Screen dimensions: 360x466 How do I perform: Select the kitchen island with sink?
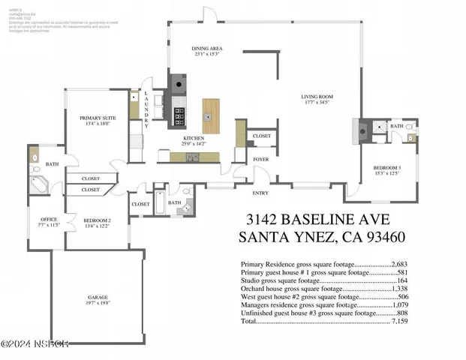(x=211, y=115)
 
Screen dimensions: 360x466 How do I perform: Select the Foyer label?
(x=260, y=159)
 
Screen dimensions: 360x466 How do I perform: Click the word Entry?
(x=260, y=193)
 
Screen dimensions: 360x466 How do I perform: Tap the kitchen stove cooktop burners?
(x=179, y=115)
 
